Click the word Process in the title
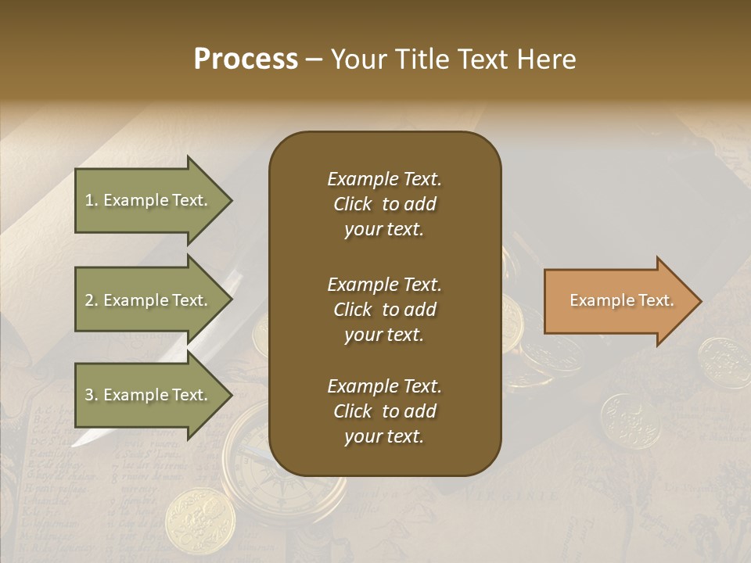(x=246, y=59)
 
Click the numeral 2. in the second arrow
(x=92, y=301)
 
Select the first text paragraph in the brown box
(x=384, y=204)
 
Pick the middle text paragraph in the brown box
(x=384, y=310)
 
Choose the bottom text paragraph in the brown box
(x=384, y=411)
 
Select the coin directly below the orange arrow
(x=630, y=419)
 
